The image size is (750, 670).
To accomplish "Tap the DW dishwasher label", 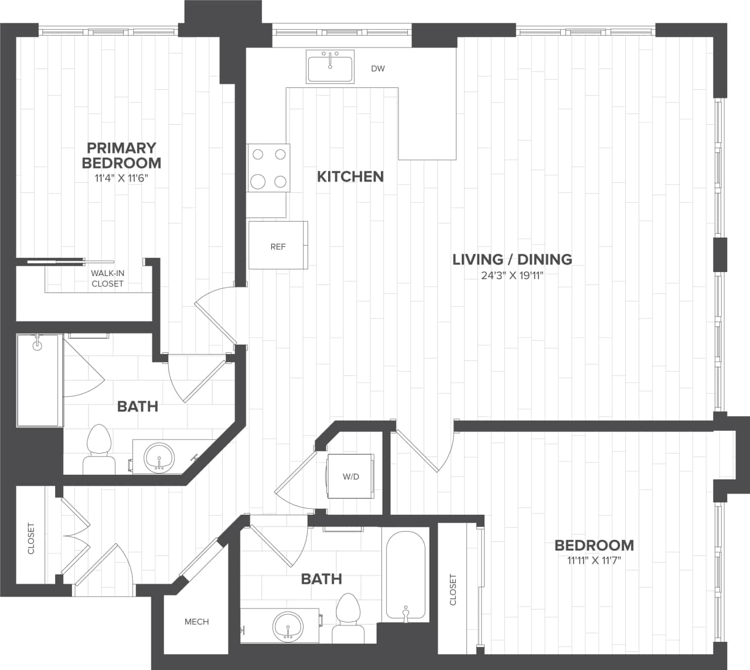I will (x=378, y=69).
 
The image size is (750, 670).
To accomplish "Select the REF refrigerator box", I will (x=278, y=246).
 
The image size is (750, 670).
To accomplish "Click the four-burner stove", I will (x=268, y=168).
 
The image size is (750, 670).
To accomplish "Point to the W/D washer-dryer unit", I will (x=351, y=476).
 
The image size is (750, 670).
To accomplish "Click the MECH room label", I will (x=196, y=621).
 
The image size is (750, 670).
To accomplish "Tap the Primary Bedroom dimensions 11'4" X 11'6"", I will (x=121, y=178).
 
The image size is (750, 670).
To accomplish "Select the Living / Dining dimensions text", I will (x=512, y=276).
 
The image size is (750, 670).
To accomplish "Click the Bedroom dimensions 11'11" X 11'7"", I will (x=594, y=560).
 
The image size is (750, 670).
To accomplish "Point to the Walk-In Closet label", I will (x=108, y=278).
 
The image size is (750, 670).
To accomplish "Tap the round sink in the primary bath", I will (x=159, y=457).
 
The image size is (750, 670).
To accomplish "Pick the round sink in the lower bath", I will (x=288, y=627).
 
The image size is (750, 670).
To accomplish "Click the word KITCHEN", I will (x=350, y=176).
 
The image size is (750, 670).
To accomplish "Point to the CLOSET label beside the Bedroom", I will (x=453, y=589).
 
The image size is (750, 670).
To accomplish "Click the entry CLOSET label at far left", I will (x=31, y=538).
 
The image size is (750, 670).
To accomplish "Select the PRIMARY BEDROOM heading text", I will (x=121, y=155).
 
